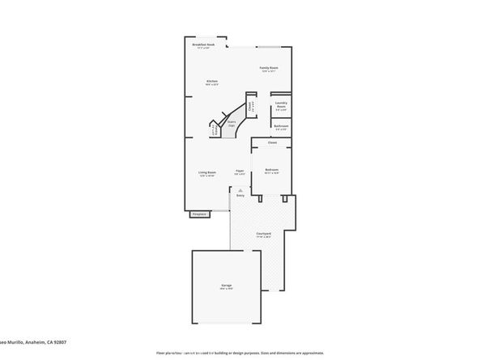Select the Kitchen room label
(x=212, y=81)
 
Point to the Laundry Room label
(x=281, y=105)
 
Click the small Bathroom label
(x=280, y=126)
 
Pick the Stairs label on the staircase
(x=232, y=124)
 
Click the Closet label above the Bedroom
(x=273, y=143)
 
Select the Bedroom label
(x=272, y=169)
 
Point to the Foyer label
(x=240, y=171)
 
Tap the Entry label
(x=240, y=196)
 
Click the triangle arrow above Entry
(x=240, y=188)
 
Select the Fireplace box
(x=199, y=214)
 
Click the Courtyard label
(x=264, y=234)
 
